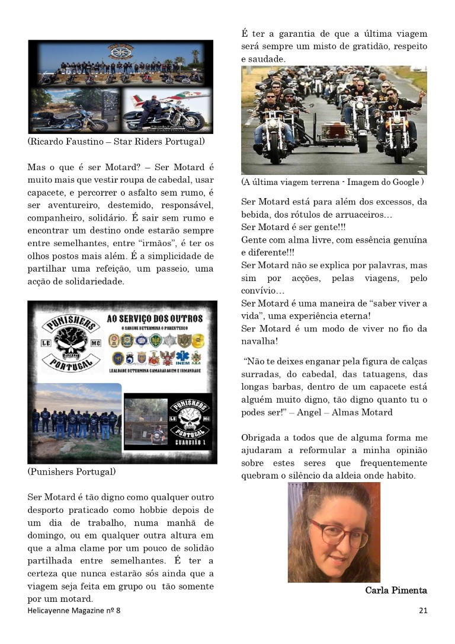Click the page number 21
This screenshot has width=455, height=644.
422,610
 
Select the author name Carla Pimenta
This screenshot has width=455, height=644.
396,590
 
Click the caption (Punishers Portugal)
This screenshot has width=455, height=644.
72,472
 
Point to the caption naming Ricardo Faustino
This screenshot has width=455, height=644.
116,142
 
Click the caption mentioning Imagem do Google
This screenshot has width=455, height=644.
332,182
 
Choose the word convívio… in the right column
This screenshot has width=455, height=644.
262,291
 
